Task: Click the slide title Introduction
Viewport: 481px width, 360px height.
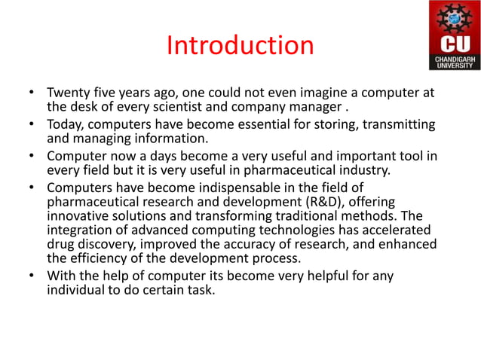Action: pos(240,46)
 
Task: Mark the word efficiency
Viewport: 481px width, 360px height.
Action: pos(97,259)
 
